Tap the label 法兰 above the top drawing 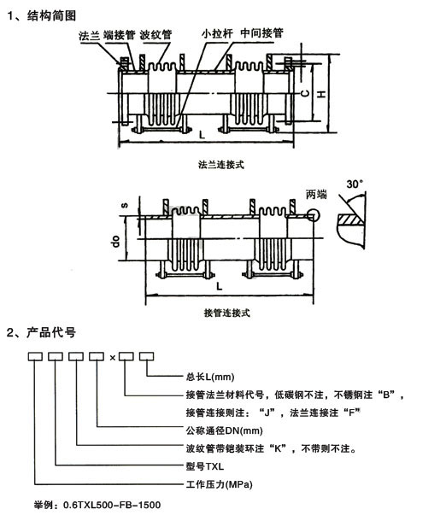click(89, 35)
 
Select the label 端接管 click(120, 35)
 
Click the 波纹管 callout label click(156, 35)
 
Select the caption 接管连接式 click(228, 313)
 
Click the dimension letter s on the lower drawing click(124, 205)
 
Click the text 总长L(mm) click(209, 376)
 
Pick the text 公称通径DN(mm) click(223, 430)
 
